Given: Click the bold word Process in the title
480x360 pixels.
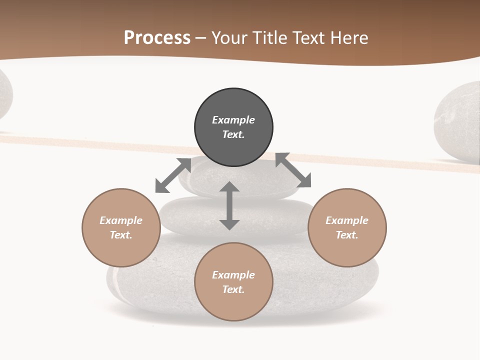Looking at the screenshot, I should [157, 38].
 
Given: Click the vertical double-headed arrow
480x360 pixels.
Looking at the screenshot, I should [229, 206].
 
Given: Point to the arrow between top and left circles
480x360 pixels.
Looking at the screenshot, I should [173, 175].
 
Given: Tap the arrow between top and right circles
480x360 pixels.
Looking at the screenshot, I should [293, 170].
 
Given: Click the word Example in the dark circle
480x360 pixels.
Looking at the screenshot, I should [233, 120].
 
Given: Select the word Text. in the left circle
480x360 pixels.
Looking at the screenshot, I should [121, 235].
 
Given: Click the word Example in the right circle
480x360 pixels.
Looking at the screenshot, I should [347, 220].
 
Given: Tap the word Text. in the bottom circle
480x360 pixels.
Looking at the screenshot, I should [233, 289].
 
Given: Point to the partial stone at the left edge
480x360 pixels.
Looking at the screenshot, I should [4, 95].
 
